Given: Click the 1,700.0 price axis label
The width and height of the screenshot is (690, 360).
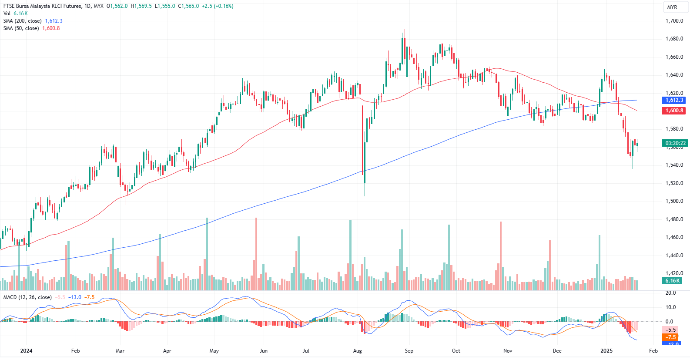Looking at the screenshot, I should click(x=674, y=21).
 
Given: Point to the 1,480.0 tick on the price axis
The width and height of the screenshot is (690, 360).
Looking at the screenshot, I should click(x=674, y=219).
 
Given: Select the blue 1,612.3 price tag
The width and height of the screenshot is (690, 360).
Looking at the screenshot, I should click(x=674, y=100).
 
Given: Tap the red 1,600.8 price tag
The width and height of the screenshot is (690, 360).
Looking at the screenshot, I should click(x=674, y=111).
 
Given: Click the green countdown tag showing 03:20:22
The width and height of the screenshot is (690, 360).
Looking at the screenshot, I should click(x=675, y=143).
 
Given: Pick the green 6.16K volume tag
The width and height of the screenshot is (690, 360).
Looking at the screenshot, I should click(x=672, y=281).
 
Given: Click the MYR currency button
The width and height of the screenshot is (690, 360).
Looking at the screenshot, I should click(x=672, y=7).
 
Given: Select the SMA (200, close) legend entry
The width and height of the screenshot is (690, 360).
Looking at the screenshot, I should click(x=23, y=21).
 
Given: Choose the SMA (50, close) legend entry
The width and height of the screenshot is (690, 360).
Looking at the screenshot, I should click(x=21, y=28).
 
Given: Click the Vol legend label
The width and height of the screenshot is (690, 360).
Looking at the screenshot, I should click(x=7, y=13).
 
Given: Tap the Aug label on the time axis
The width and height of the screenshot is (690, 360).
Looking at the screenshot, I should click(x=358, y=351).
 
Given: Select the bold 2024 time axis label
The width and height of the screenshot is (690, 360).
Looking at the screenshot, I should click(x=26, y=351).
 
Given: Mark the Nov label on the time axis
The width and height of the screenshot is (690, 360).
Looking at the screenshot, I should click(x=508, y=351).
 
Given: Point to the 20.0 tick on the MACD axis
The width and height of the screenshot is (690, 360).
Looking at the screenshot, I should click(x=670, y=293).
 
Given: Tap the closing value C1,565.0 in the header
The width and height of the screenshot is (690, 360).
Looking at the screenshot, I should click(x=188, y=6).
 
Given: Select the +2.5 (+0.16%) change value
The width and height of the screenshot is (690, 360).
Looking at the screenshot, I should click(x=218, y=6).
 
